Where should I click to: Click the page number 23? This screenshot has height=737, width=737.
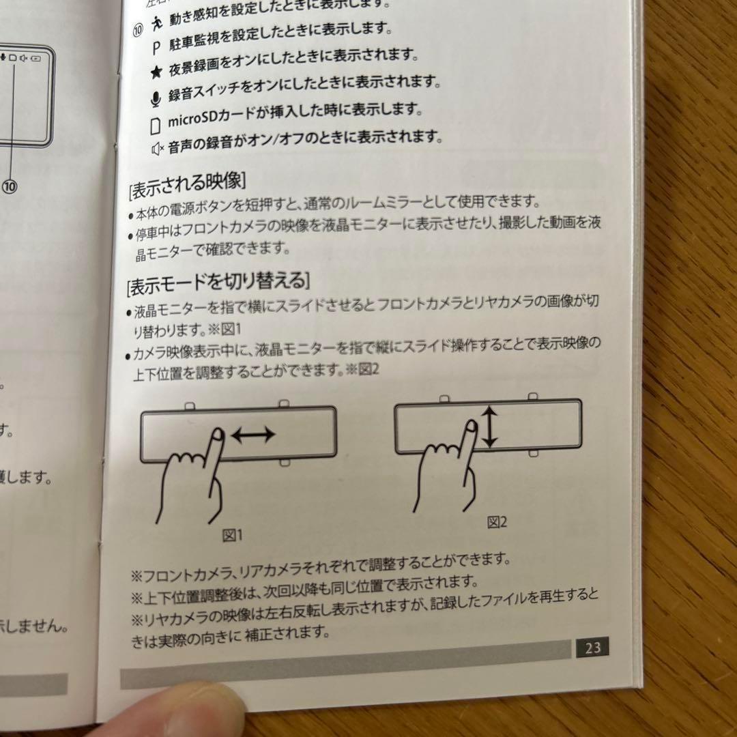coord(592,646)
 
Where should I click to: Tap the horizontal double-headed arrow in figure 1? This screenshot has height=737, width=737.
coord(253,434)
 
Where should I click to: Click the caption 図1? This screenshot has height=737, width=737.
coord(233,536)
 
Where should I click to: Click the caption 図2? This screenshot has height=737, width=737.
coord(497,523)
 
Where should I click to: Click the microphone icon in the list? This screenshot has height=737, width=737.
coord(156,100)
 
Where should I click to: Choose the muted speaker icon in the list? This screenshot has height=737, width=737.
coord(158,148)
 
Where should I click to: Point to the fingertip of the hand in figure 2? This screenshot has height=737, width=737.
coord(470,427)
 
